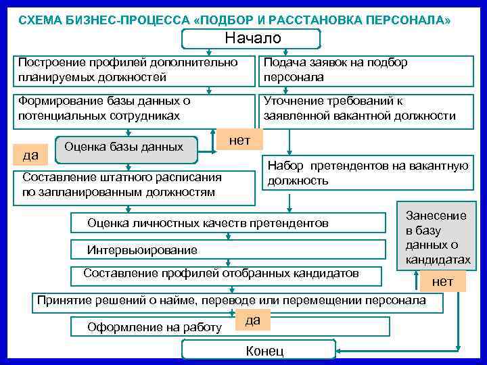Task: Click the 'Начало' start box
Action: click(x=252, y=39)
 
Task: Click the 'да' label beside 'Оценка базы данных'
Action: click(x=30, y=155)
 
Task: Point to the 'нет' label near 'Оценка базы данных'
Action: click(x=239, y=141)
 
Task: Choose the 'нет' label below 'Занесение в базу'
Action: click(x=442, y=281)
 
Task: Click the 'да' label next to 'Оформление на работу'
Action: click(x=252, y=320)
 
